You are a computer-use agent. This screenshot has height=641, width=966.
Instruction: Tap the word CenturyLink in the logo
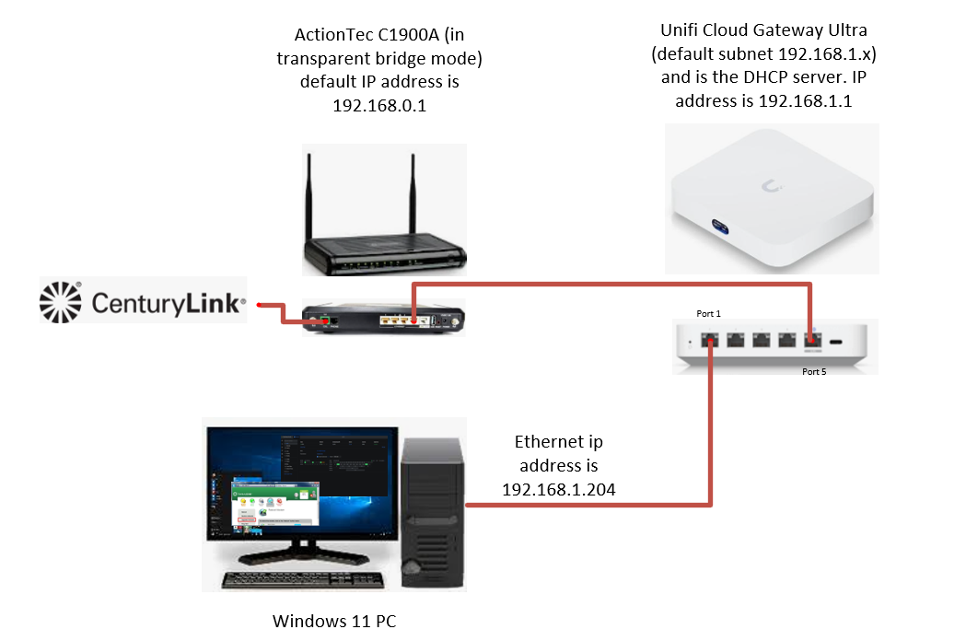(169, 302)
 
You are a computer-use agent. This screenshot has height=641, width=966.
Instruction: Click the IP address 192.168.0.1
(379, 106)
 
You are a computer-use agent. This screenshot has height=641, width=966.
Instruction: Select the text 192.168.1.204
(558, 489)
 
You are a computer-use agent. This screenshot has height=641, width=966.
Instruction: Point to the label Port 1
(709, 314)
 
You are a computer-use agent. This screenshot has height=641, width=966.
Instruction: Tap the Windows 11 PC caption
(334, 621)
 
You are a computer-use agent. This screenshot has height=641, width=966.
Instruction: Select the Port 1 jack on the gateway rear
(710, 339)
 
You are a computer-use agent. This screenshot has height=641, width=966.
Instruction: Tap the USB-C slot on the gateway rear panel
(837, 343)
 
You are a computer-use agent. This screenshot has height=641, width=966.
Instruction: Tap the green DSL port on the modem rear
(325, 321)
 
